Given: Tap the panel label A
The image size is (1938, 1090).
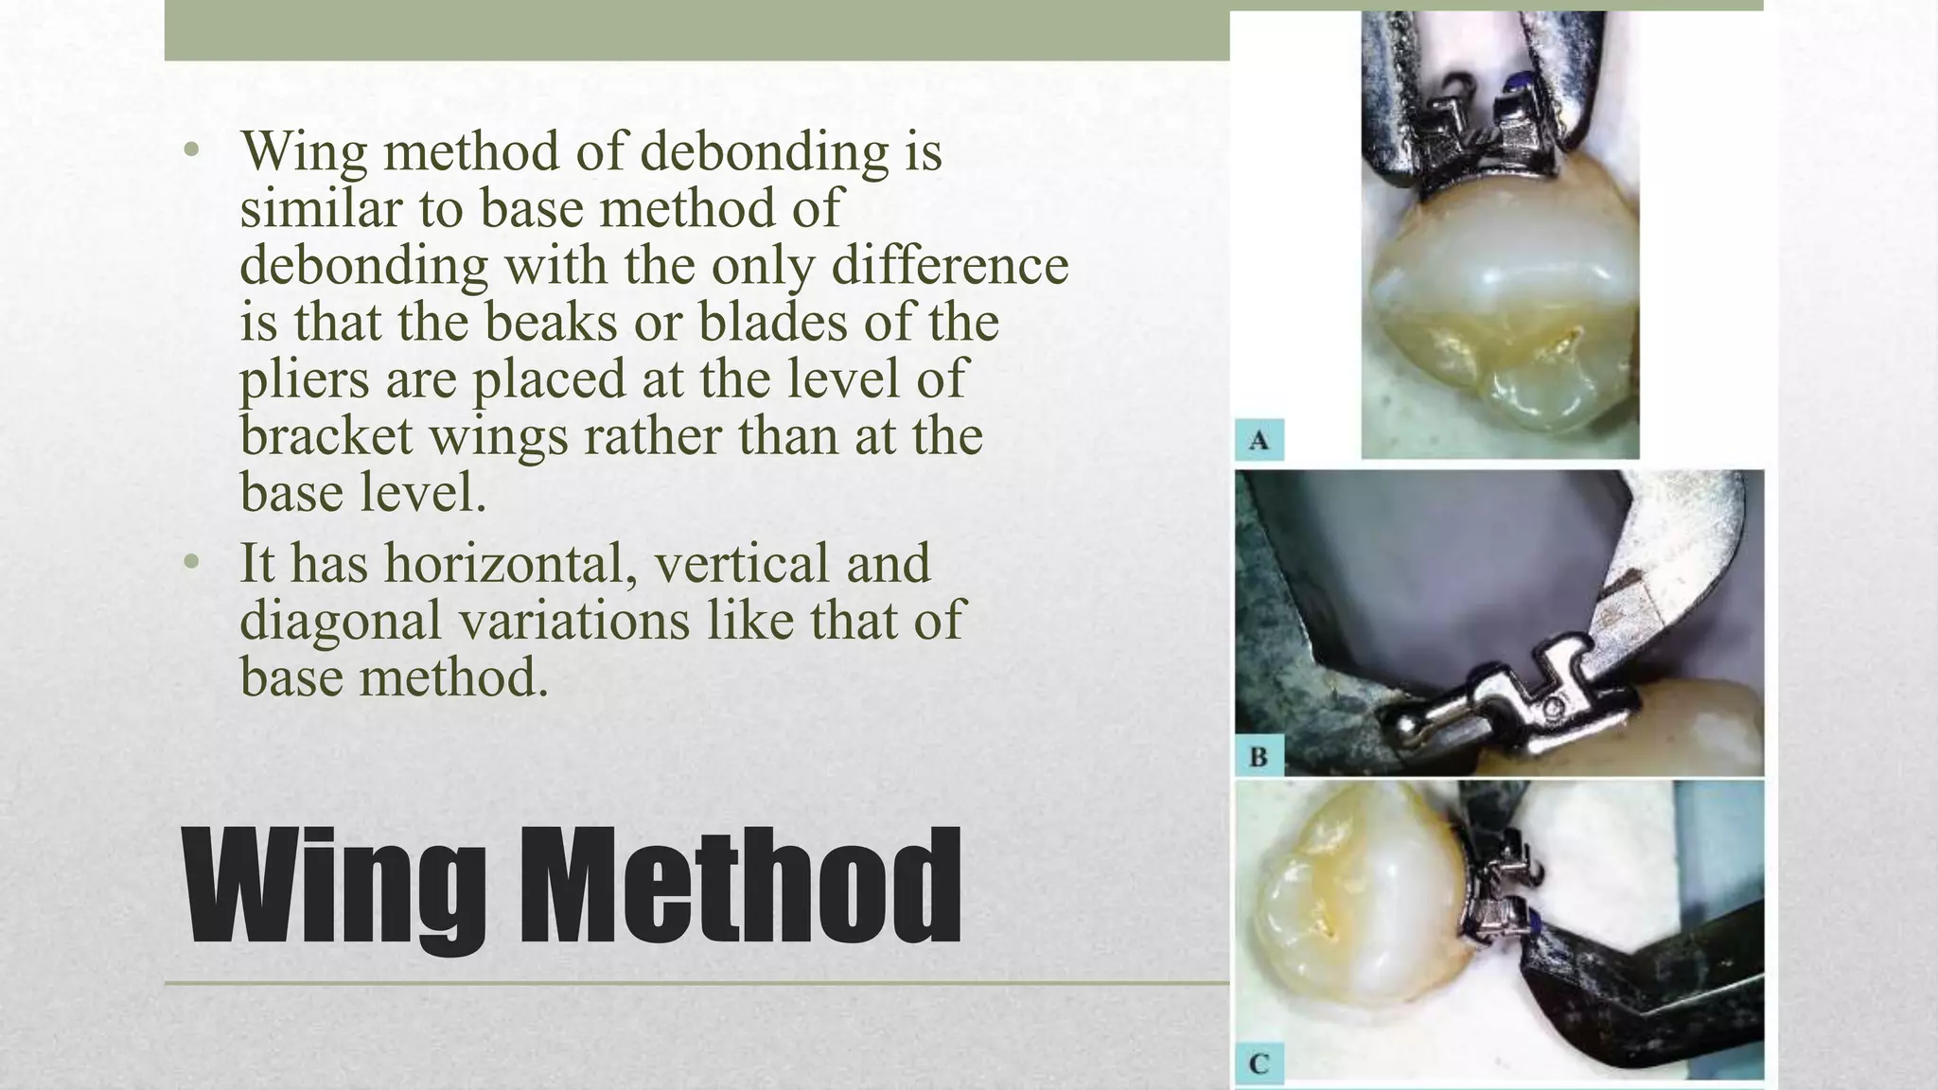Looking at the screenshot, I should click(x=1259, y=440).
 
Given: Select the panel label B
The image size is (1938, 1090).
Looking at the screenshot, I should click(x=1259, y=757).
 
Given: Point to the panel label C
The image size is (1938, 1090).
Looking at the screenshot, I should click(x=1259, y=1063).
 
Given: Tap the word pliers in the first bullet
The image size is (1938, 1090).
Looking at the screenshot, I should click(x=304, y=380).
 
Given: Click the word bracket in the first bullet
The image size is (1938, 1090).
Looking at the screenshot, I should click(x=326, y=436).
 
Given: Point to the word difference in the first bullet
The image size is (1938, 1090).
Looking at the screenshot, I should click(x=950, y=265).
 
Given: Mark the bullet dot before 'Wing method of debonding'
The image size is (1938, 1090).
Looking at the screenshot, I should click(x=192, y=149).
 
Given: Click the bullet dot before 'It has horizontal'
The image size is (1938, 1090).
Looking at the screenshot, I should click(x=192, y=562).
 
